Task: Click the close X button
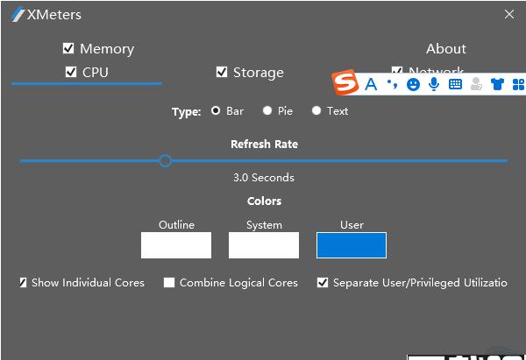(509, 14)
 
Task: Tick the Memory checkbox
(68, 48)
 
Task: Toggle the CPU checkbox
(71, 72)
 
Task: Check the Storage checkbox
(222, 72)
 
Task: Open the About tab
(445, 49)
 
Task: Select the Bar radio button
(216, 111)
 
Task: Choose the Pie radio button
(267, 111)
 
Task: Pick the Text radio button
(316, 111)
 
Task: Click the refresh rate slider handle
(165, 160)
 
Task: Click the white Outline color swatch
(176, 245)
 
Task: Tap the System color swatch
(264, 245)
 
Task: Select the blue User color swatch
(352, 245)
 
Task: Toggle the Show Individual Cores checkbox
(23, 283)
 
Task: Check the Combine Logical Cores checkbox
(169, 283)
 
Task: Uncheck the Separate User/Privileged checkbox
(323, 283)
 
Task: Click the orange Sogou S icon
(346, 83)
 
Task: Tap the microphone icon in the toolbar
(434, 84)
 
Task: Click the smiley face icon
(413, 84)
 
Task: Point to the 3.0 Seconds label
(263, 178)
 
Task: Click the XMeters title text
(54, 15)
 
